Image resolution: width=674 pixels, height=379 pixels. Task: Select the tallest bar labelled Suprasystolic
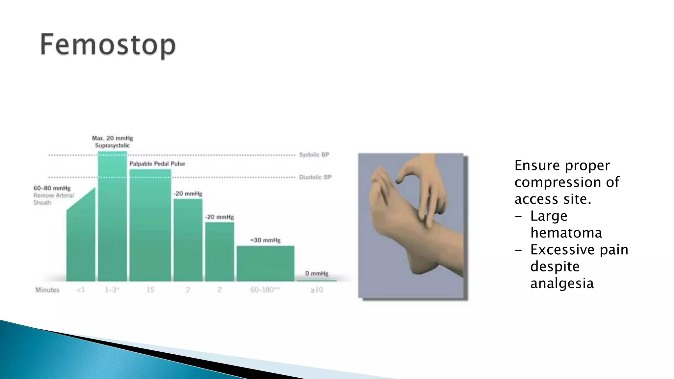[x=113, y=217]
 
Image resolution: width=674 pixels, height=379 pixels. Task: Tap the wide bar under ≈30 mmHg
[x=266, y=264]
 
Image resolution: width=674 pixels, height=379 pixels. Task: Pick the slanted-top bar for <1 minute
[x=81, y=243]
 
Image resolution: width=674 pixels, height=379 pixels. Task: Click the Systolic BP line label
[x=314, y=155]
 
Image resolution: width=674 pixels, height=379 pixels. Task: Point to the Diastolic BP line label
[x=315, y=177]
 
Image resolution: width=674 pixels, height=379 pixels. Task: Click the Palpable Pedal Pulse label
[x=157, y=164]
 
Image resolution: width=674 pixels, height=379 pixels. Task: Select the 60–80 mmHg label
[x=52, y=188]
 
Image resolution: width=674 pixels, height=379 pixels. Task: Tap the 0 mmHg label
[x=317, y=273]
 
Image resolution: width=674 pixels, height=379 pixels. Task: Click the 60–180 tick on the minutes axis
[x=265, y=290]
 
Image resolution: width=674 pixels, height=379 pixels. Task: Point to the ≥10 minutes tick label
[x=317, y=290]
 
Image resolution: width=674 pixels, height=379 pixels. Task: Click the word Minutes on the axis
[x=47, y=290]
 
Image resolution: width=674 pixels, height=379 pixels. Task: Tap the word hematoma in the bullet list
[x=566, y=233]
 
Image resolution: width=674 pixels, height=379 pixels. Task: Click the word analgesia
[x=562, y=283]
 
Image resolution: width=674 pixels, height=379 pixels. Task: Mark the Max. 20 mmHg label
[x=113, y=138]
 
